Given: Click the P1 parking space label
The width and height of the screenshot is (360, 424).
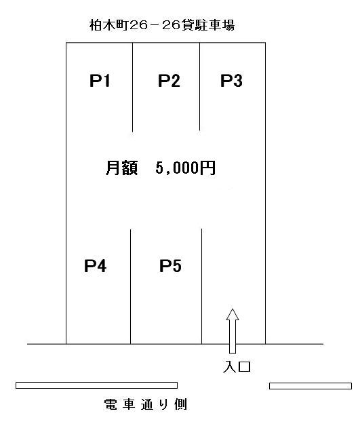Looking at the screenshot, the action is click(x=100, y=81).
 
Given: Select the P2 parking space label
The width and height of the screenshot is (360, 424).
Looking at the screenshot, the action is click(x=169, y=81).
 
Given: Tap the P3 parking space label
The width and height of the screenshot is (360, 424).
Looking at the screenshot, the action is click(x=231, y=81).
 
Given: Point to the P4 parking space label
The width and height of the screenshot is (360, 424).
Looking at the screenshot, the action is click(x=95, y=266).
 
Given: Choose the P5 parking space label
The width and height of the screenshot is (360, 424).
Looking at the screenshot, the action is click(x=170, y=266).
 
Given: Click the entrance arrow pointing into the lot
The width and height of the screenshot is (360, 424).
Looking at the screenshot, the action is click(x=233, y=331).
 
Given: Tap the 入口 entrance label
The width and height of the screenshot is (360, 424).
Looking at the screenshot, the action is click(x=237, y=366).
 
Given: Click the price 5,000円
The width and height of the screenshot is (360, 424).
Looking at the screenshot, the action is click(x=185, y=168).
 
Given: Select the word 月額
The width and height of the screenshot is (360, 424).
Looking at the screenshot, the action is click(x=121, y=168).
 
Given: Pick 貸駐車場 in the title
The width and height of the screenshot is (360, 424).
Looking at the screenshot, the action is click(x=207, y=25).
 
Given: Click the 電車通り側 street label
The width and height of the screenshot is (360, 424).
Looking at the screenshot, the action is click(x=145, y=404).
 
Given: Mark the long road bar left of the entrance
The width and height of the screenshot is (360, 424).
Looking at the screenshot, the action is click(x=96, y=385).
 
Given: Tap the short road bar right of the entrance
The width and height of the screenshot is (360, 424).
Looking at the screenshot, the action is click(x=311, y=386).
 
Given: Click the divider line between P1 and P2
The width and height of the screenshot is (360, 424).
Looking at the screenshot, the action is click(x=132, y=87).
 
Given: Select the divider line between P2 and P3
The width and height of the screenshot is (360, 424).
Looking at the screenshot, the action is click(x=200, y=87).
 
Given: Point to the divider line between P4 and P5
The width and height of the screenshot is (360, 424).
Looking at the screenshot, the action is click(x=131, y=287).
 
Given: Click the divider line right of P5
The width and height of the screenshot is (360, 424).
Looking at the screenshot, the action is click(x=201, y=286).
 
